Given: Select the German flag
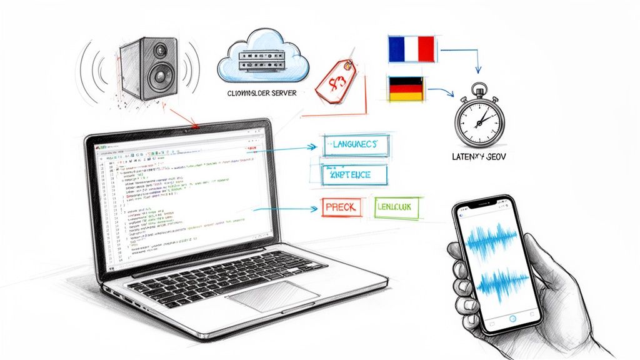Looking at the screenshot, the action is click(x=406, y=89).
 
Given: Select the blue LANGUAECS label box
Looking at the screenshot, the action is click(x=353, y=146).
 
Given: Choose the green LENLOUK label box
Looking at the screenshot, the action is click(x=398, y=207).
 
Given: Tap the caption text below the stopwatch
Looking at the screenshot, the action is click(x=479, y=159).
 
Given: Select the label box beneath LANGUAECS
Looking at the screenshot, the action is click(x=353, y=176).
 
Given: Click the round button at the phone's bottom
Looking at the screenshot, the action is click(x=512, y=318).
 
